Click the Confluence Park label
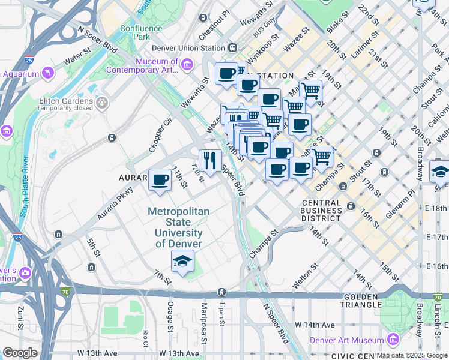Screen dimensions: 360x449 pos(141,32)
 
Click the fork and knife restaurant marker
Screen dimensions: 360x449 pos(209,160)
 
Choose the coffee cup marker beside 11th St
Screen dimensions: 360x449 pos(160,179)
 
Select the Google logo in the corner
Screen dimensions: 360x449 pos(20,353)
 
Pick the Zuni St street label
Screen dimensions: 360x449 pos(20,318)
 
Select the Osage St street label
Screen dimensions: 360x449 pos(169,316)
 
